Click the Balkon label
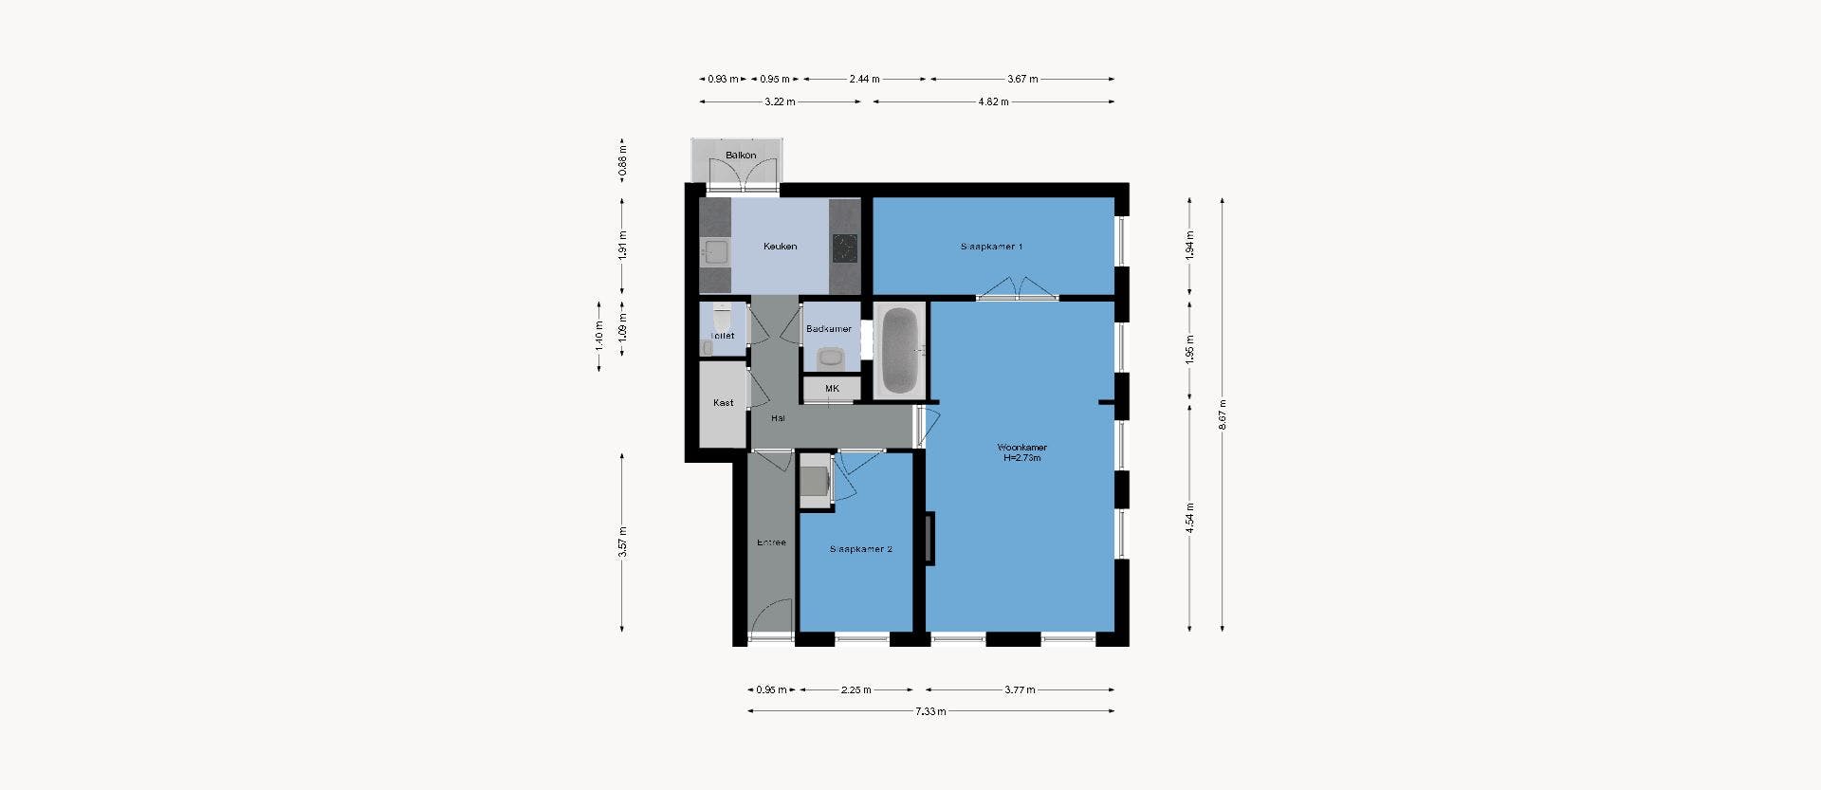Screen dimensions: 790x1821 pos(741,156)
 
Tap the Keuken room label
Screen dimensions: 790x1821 pos(780,247)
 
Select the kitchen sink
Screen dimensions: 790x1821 pos(715,251)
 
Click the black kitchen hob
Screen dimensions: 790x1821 pos(844,248)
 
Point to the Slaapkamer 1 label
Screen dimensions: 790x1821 pos(991,247)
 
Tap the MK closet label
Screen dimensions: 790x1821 pos(832,389)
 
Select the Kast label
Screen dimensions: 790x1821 pos(723,403)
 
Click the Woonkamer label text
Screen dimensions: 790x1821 pos(1021,448)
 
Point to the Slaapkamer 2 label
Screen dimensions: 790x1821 pos(860,549)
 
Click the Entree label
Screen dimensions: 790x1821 pos(771,542)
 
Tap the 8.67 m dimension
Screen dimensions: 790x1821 pos(1223,414)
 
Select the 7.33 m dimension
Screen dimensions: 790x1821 pos(930,711)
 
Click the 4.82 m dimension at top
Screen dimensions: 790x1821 pos(993,101)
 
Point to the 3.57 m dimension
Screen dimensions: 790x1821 pos(623,542)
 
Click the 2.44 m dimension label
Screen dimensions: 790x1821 pos(864,79)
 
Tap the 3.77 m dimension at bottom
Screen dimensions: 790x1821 pos(1020,689)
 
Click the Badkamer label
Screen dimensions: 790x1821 pos(828,329)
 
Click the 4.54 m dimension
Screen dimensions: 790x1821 pos(1189,518)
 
